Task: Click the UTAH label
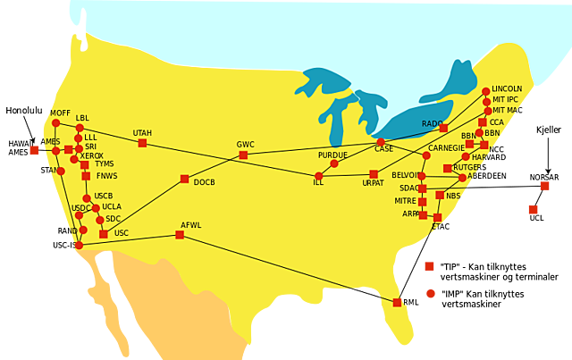click(x=142, y=133)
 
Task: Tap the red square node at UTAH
click(x=142, y=143)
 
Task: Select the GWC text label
click(x=246, y=145)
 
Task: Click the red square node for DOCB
click(x=184, y=179)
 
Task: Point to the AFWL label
click(x=191, y=225)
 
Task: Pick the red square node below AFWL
click(x=180, y=235)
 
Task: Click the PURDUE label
click(x=332, y=155)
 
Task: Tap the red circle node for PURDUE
click(x=334, y=163)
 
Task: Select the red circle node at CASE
click(x=381, y=142)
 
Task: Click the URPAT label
click(x=373, y=183)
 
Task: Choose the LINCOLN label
click(x=507, y=89)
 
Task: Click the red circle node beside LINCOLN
click(x=486, y=91)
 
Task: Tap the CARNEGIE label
click(x=446, y=147)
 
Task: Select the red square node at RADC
click(x=443, y=129)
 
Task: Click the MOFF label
click(x=60, y=113)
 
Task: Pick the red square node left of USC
click(x=104, y=234)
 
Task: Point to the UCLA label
click(x=112, y=206)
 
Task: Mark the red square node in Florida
click(x=397, y=303)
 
